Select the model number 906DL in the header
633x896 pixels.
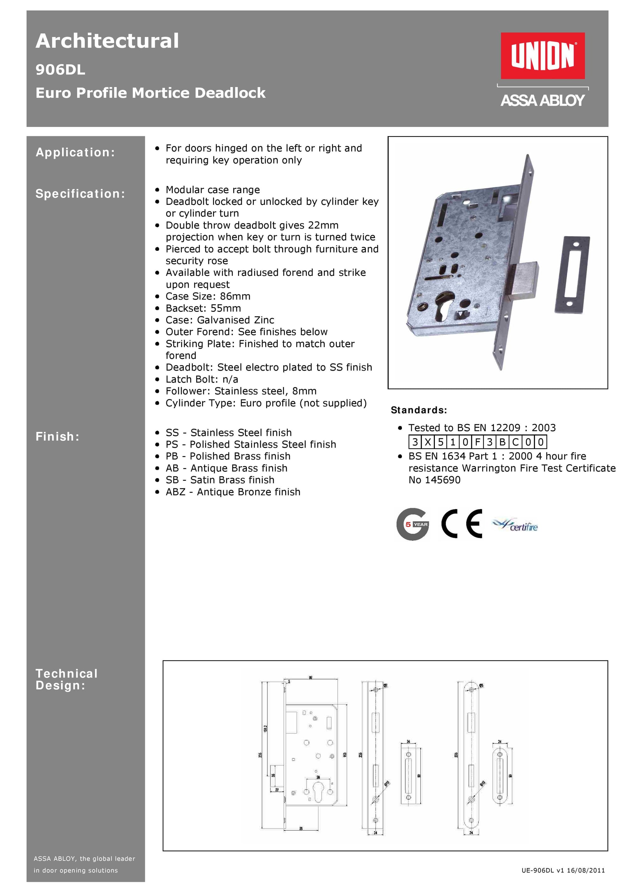(x=60, y=70)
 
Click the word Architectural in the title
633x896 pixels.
(x=107, y=41)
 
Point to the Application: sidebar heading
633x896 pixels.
(x=75, y=152)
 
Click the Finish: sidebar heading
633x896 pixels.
(x=57, y=436)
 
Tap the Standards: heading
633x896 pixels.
(x=418, y=410)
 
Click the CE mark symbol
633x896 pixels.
(x=462, y=524)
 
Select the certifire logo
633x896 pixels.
(x=515, y=525)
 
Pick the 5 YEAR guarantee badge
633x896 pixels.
(x=413, y=524)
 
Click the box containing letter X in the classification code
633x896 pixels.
(x=428, y=442)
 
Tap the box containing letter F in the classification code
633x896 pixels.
(x=477, y=442)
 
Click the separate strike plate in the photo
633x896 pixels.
(x=572, y=274)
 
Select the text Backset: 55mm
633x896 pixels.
(x=203, y=308)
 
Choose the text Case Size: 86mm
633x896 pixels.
(x=208, y=296)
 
